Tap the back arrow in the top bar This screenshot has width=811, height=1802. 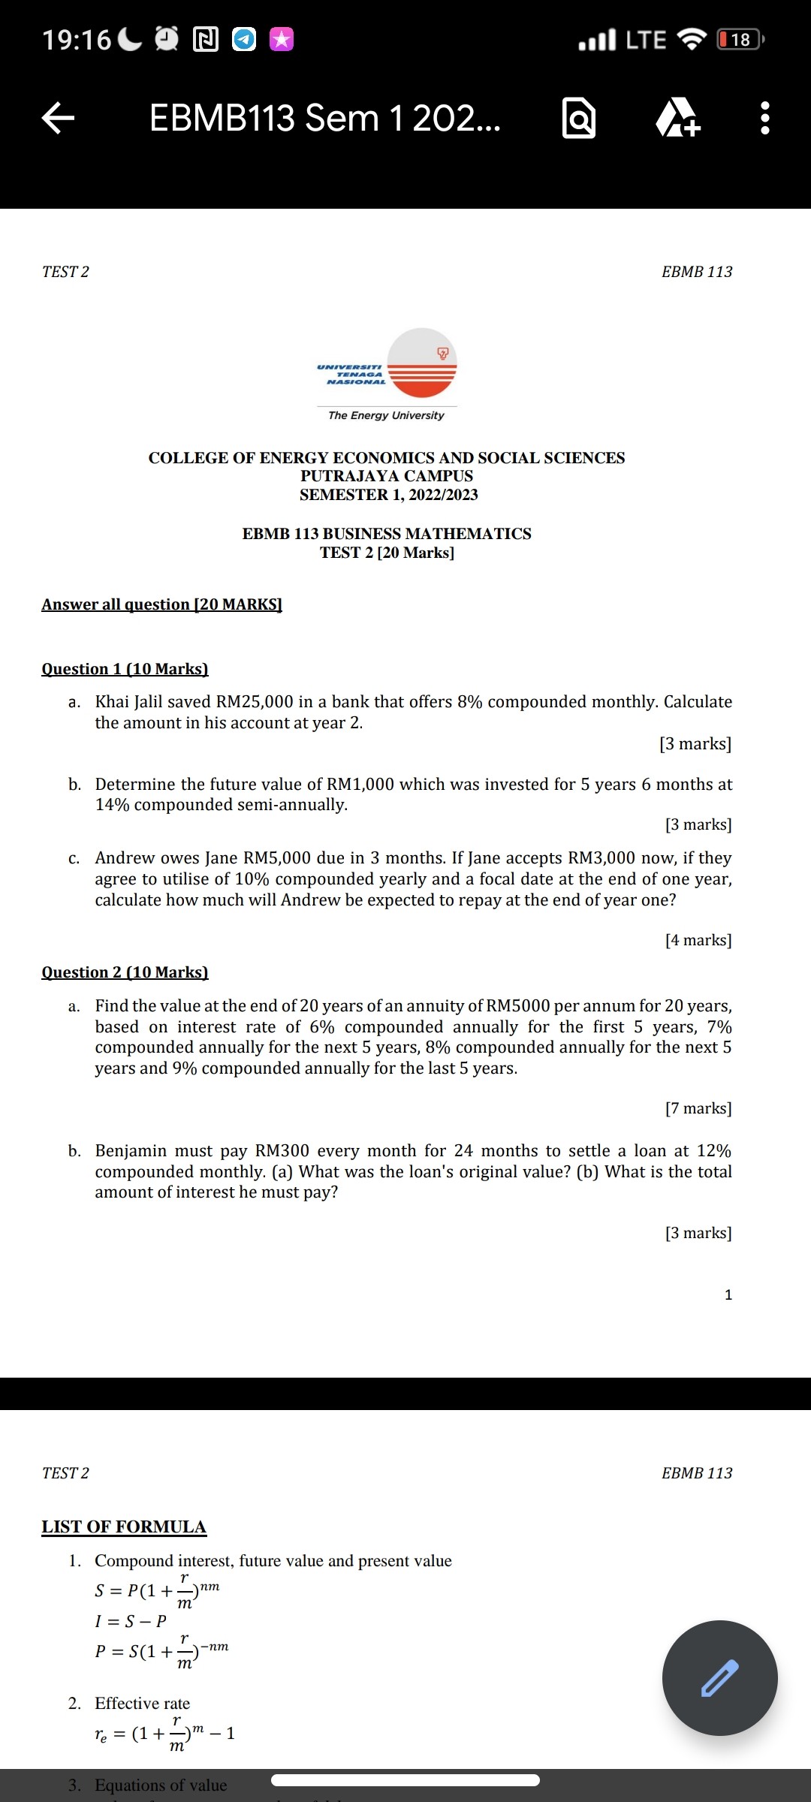[58, 118]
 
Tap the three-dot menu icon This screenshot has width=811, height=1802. [764, 118]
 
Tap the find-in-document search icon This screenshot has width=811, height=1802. [578, 119]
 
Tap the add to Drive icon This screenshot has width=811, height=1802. [678, 119]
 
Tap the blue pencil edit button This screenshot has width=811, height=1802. [719, 1677]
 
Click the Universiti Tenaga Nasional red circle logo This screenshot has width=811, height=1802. [421, 363]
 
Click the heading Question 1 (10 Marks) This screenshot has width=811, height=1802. [125, 668]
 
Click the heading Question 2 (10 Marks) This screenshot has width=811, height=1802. [125, 972]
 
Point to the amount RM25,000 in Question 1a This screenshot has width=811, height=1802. [255, 701]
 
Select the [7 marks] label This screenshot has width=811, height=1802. [698, 1108]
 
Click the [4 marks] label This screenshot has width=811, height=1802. [698, 940]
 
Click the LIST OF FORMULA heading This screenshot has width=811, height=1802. [124, 1526]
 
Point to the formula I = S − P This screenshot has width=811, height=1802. [131, 1620]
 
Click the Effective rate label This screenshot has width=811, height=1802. [142, 1703]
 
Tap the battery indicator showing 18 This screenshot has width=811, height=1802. [740, 39]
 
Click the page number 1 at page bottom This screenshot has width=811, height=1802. [728, 1294]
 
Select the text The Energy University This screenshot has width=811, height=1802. [386, 415]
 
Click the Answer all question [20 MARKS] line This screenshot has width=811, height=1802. [161, 604]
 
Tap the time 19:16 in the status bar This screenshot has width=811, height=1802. [76, 39]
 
